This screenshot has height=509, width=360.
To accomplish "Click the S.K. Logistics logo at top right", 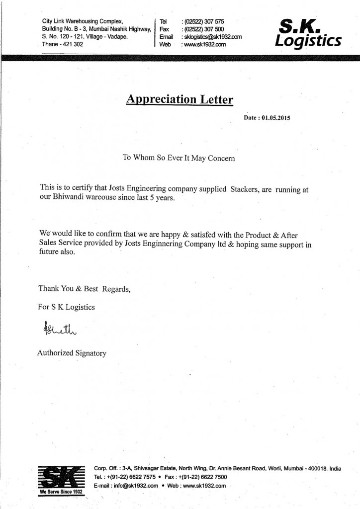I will pos(307,32).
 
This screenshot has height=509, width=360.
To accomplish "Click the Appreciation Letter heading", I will pos(180,99).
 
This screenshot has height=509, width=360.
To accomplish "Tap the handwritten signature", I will pos(55,330).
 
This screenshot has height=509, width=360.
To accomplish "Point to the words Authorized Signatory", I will pos(72,353).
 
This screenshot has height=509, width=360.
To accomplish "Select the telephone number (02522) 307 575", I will pos(203,22).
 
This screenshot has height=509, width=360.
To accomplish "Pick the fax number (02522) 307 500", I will pos(203,29).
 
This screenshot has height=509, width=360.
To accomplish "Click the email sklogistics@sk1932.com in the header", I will pos(212,37).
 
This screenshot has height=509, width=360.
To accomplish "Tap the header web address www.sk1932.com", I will pos(204,44).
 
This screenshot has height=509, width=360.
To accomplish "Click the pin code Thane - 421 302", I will pos(63,44).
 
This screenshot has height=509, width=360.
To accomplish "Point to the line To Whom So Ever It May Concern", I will pos(179,158).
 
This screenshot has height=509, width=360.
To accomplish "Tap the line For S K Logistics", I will pos(66,307).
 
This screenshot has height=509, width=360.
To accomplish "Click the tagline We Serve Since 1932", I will pos(61,492).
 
